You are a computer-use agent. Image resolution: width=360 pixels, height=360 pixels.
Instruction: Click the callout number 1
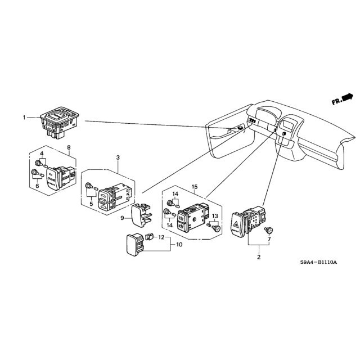coord(24,118)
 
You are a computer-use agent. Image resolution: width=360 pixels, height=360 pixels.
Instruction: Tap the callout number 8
coord(69,147)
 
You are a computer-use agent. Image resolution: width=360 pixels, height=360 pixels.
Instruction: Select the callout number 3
coord(118,157)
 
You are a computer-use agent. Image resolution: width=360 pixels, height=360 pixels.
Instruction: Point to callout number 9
coord(122,218)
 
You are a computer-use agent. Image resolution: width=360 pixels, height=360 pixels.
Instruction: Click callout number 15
coord(195,187)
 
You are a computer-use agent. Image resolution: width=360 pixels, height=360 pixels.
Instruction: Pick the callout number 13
coord(215,216)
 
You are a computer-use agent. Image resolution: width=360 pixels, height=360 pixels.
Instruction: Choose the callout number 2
coord(259,257)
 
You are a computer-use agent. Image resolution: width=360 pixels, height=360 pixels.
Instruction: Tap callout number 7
coord(269,239)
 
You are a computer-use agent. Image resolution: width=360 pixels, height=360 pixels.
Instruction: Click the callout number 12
coord(161,237)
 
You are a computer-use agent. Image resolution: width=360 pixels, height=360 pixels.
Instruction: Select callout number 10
coord(179,245)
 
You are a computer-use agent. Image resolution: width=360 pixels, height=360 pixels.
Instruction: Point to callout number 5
coord(91,204)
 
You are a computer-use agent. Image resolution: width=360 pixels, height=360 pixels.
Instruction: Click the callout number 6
coord(37,186)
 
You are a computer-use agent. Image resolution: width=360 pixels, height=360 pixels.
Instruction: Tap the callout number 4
coord(42,153)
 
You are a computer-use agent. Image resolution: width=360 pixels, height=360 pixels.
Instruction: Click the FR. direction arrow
coord(342,99)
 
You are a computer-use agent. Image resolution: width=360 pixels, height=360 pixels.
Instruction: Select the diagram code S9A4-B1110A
coord(318,262)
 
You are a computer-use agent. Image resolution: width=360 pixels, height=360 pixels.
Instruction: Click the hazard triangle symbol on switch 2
coord(236,223)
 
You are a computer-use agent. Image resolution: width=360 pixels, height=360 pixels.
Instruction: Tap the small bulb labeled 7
coord(268,230)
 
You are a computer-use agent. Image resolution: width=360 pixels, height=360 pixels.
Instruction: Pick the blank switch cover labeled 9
coord(141,215)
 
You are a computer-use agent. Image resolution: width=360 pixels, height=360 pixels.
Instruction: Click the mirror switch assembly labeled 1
coord(60,123)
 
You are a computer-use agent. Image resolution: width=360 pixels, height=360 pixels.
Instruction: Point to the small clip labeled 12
coord(149,236)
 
